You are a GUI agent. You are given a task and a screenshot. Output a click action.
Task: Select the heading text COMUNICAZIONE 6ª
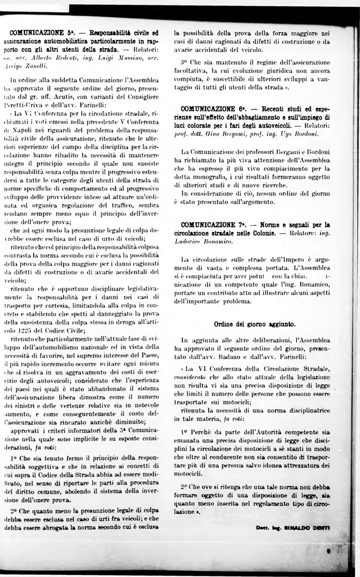(208, 109)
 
